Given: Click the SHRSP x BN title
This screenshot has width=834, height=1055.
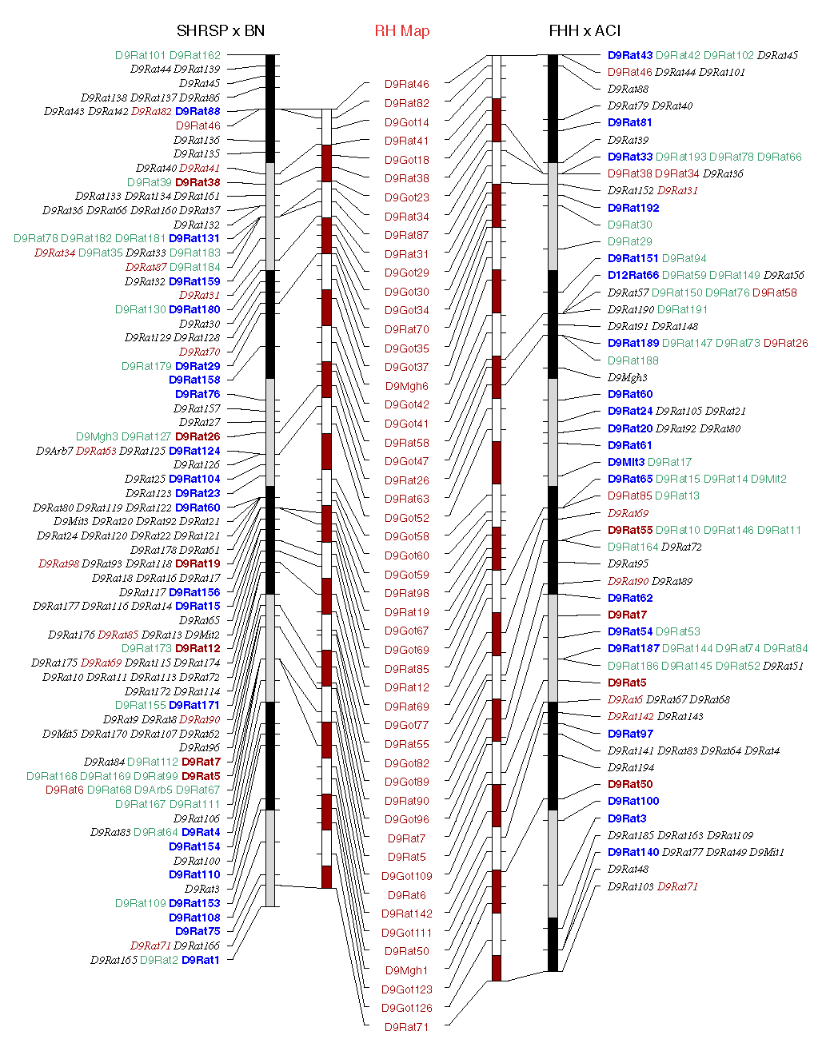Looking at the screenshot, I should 220,31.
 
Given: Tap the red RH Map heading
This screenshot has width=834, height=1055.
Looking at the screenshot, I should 402,31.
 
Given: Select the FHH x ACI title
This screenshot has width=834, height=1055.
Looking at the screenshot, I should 585,31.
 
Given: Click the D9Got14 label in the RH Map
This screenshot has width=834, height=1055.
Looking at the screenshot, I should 406,122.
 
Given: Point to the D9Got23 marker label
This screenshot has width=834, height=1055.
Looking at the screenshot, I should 406,197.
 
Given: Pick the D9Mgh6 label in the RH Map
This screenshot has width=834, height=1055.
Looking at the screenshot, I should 406,386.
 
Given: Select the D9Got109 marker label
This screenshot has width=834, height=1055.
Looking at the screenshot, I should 406,876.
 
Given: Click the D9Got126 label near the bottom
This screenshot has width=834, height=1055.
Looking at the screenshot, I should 406,1008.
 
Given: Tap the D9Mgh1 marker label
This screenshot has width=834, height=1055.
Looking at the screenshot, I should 406,970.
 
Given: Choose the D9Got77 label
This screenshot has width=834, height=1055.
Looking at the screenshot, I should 406,725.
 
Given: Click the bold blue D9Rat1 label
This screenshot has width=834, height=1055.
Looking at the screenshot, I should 200,960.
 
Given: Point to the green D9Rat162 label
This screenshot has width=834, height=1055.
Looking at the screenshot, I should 194,55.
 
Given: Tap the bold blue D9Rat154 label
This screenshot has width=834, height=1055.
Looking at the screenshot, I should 194,846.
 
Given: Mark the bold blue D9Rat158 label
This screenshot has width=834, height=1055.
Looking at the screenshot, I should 194,380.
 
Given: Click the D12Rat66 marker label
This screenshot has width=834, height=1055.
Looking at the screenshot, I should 633,275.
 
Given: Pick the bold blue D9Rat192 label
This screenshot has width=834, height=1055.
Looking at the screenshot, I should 633,208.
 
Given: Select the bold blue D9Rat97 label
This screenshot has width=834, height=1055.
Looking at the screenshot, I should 630,734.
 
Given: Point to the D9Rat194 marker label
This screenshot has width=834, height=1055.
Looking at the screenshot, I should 630,767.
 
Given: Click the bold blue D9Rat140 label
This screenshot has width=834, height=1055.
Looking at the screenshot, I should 633,852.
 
